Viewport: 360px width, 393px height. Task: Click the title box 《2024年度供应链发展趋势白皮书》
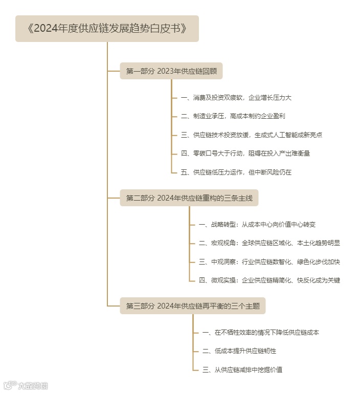coord(107,29)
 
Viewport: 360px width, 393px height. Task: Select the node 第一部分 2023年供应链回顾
coord(171,71)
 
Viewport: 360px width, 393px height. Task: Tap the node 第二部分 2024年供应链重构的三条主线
coord(189,198)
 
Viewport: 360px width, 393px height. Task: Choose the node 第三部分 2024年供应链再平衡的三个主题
coord(193,307)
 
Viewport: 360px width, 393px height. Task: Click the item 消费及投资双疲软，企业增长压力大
coord(236,97)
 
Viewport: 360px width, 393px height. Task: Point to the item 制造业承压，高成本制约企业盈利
coord(233,116)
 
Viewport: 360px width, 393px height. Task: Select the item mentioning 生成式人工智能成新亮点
coord(252,135)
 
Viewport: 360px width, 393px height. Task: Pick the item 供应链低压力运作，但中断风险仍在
coord(236,172)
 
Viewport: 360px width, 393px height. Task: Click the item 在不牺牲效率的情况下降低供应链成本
coord(261,333)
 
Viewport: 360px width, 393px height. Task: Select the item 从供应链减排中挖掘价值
coord(242,369)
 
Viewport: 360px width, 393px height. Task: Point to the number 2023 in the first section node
coord(165,71)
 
